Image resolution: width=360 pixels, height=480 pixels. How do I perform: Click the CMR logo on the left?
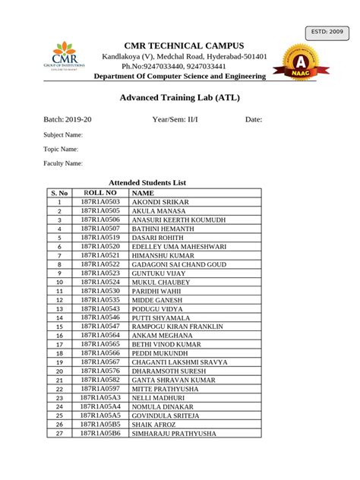point(64,62)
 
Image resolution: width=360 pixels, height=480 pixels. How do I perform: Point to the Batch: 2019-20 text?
point(68,120)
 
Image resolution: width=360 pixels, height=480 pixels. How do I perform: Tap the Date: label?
point(253,120)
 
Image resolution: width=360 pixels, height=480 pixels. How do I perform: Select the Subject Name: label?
point(63,134)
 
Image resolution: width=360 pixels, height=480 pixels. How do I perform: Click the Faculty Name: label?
point(63,163)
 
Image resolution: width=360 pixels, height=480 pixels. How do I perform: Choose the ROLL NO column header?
point(100,193)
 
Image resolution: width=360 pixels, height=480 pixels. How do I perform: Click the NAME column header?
point(143,193)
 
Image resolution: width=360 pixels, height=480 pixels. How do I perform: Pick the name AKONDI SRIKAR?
point(160,202)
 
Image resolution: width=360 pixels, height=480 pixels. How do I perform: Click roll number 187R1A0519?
point(100,237)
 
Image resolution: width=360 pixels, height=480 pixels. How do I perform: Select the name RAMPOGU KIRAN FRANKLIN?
point(178,326)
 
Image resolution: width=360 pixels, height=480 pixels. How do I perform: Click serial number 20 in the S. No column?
point(58,371)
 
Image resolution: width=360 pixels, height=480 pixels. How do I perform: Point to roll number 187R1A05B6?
point(100,433)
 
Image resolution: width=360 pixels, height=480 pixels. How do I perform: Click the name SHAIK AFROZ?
point(154,425)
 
